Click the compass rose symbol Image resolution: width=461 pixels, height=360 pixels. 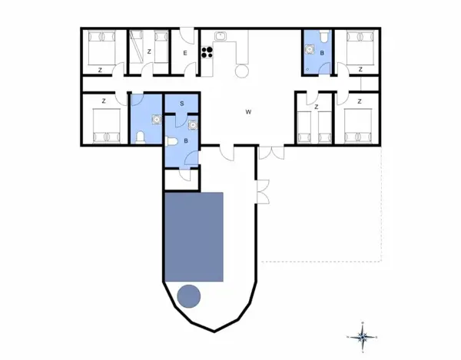363,335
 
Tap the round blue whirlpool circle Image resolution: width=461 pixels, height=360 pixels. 189,296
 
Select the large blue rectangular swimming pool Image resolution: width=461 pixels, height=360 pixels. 194,236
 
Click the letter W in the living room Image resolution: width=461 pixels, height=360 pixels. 248,112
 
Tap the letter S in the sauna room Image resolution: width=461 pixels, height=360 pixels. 182,103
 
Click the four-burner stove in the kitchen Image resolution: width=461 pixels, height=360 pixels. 206,52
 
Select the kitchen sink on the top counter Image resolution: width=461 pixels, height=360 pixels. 220,35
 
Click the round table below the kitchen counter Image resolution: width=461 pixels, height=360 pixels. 240,71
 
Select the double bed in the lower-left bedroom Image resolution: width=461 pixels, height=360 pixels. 104,126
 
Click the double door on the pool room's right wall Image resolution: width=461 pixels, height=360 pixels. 262,191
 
